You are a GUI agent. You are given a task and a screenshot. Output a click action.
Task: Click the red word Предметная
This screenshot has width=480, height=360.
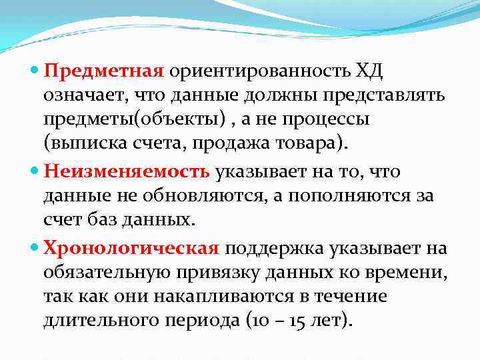103,69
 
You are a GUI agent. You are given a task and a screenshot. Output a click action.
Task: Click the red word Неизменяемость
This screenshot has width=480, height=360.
127,171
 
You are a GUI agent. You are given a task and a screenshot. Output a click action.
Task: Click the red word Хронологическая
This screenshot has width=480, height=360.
131,249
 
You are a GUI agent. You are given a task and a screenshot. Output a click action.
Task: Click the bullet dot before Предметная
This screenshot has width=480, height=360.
35,70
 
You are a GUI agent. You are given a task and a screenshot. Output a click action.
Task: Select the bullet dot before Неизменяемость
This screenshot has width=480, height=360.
35,172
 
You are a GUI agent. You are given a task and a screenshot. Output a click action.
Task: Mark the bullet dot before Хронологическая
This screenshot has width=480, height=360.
35,249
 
